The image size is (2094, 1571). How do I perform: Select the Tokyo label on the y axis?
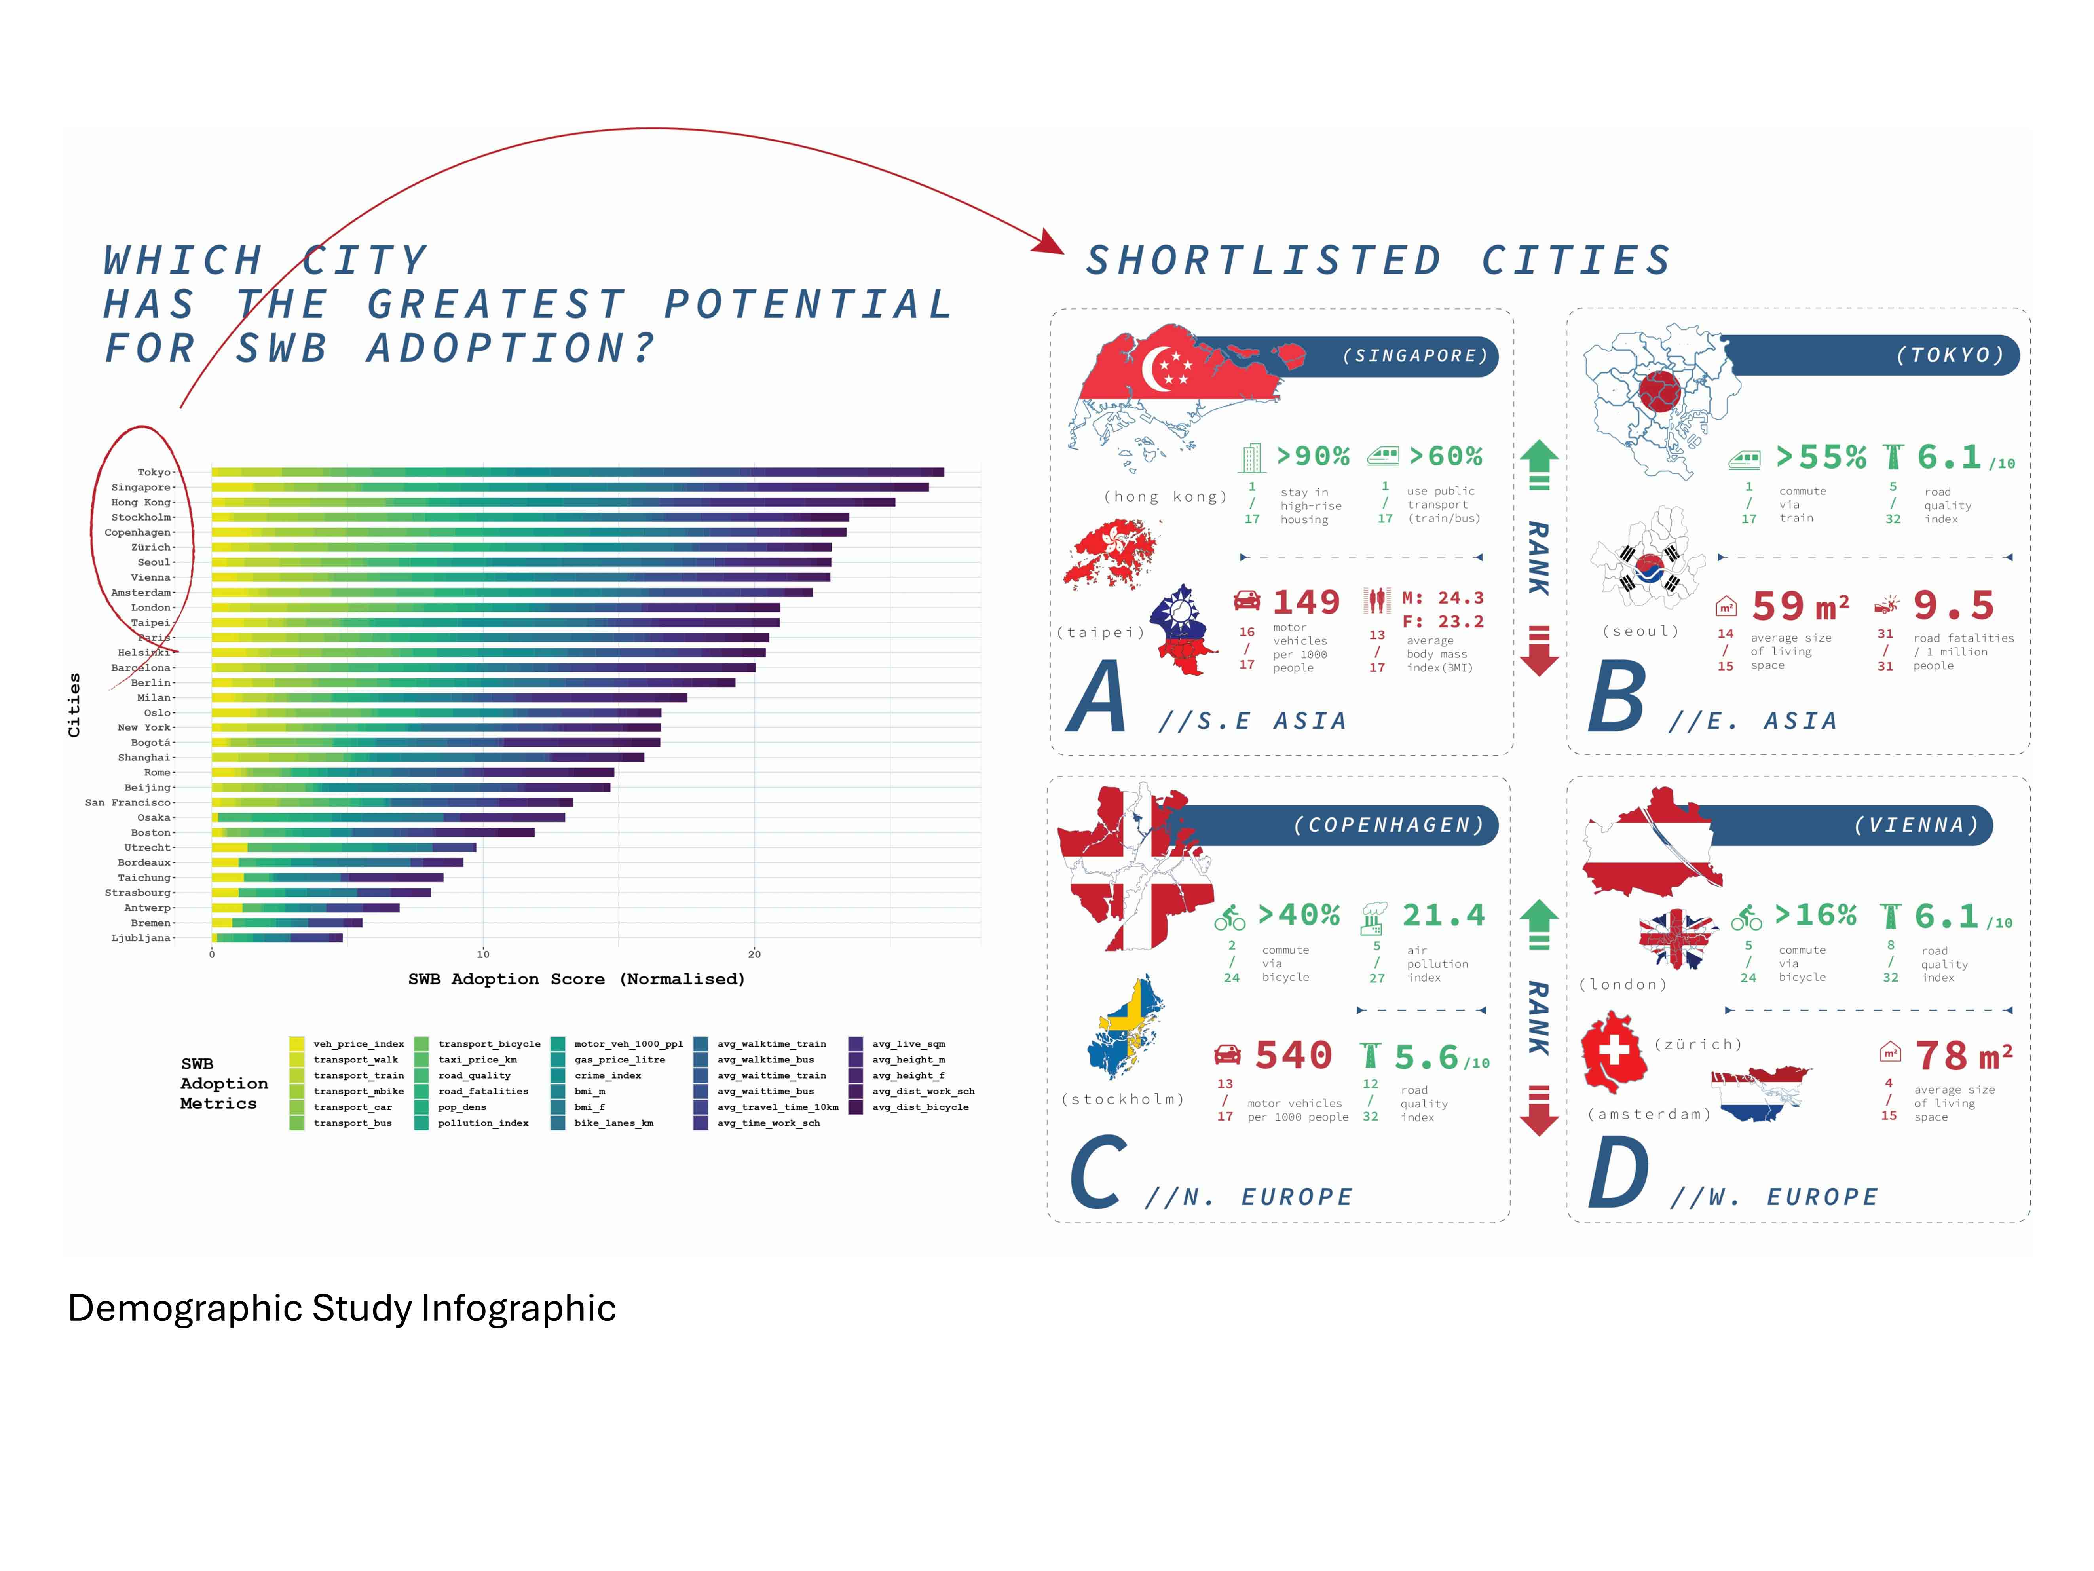tap(154, 471)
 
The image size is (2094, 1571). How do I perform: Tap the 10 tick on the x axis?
tap(483, 954)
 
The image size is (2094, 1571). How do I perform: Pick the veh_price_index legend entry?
tap(358, 1043)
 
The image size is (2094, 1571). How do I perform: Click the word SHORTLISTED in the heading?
tap(1264, 260)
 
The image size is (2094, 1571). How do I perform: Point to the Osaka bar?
tap(388, 817)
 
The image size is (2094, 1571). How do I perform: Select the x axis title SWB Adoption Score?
tap(577, 979)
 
